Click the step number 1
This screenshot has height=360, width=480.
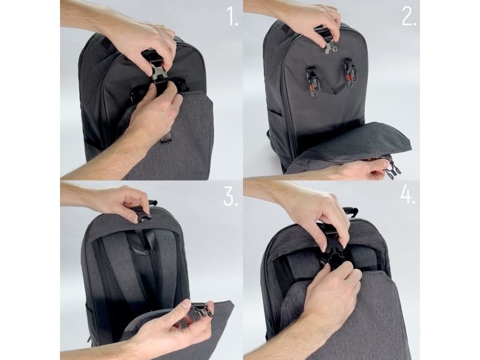[x=232, y=17]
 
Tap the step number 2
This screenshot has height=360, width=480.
[x=409, y=17]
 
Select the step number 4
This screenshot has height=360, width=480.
[x=408, y=194]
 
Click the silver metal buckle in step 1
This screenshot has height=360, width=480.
[x=159, y=72]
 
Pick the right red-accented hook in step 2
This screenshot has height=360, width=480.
[x=350, y=72]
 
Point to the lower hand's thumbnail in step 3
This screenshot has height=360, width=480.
[x=185, y=304]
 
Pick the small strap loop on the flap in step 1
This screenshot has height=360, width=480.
[x=166, y=137]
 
